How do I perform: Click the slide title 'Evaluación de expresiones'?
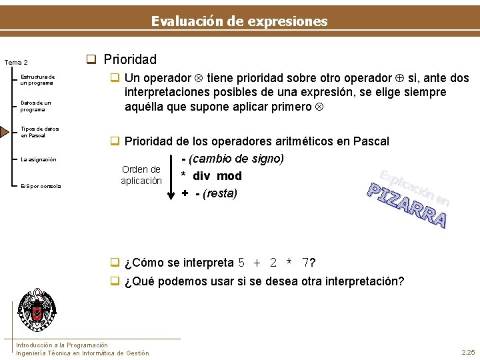coord(239,21)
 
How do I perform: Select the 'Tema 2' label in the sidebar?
coord(16,63)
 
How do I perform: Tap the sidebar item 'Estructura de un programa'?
coord(37,80)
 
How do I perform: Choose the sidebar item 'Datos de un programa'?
coord(35,106)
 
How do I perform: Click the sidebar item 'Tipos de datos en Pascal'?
coord(39,132)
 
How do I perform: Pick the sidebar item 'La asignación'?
coord(39,159)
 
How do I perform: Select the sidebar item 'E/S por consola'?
coord(41,186)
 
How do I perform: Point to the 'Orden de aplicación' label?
coord(141,175)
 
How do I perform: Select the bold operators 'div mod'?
coord(217,176)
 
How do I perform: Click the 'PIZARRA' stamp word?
coord(408,205)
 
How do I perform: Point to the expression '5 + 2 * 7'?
coord(273,263)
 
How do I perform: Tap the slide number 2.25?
coord(467,352)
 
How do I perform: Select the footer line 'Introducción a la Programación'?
coord(62,345)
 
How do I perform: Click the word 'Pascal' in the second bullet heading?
coord(371,141)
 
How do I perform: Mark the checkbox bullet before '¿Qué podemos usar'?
coord(115,281)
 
